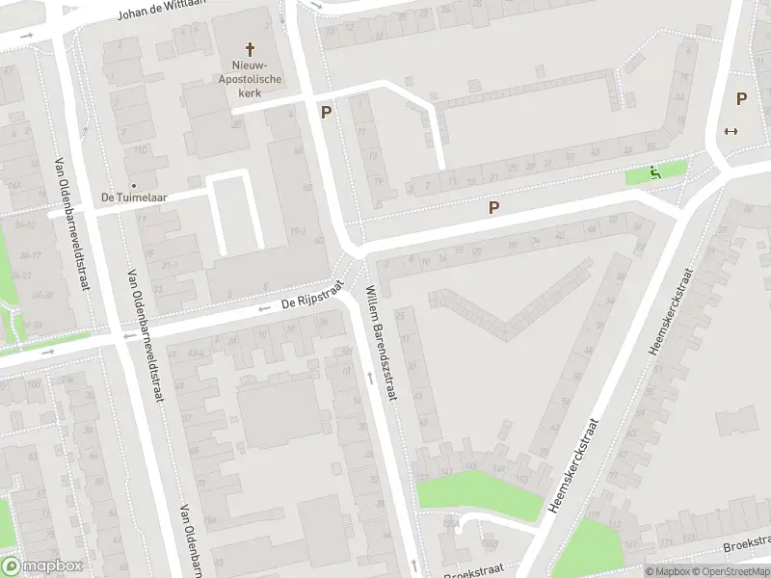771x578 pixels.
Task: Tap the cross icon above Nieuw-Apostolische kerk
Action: [250, 48]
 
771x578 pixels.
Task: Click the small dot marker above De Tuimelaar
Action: [134, 184]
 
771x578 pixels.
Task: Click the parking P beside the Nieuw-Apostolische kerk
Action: [326, 112]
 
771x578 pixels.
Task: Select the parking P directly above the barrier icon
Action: [741, 98]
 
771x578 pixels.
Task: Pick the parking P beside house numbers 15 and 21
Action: [494, 207]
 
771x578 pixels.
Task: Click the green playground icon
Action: [654, 173]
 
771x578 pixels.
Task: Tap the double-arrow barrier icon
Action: [731, 132]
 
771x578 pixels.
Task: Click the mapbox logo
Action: [41, 566]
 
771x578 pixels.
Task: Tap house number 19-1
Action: [299, 230]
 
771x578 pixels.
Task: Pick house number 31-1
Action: [170, 264]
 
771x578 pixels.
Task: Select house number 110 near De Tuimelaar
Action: [141, 150]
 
